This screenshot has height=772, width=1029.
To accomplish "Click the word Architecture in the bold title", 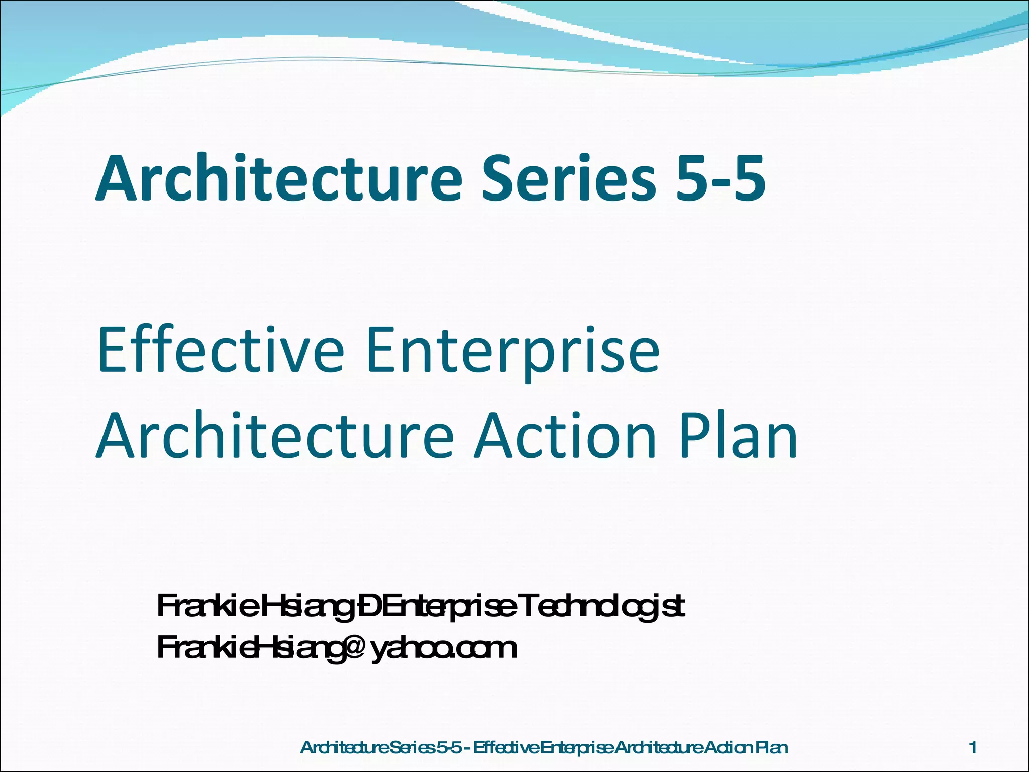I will [279, 179].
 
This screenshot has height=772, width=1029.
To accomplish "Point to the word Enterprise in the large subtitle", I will [512, 352].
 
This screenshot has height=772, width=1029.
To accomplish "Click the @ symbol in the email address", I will [351, 648].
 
